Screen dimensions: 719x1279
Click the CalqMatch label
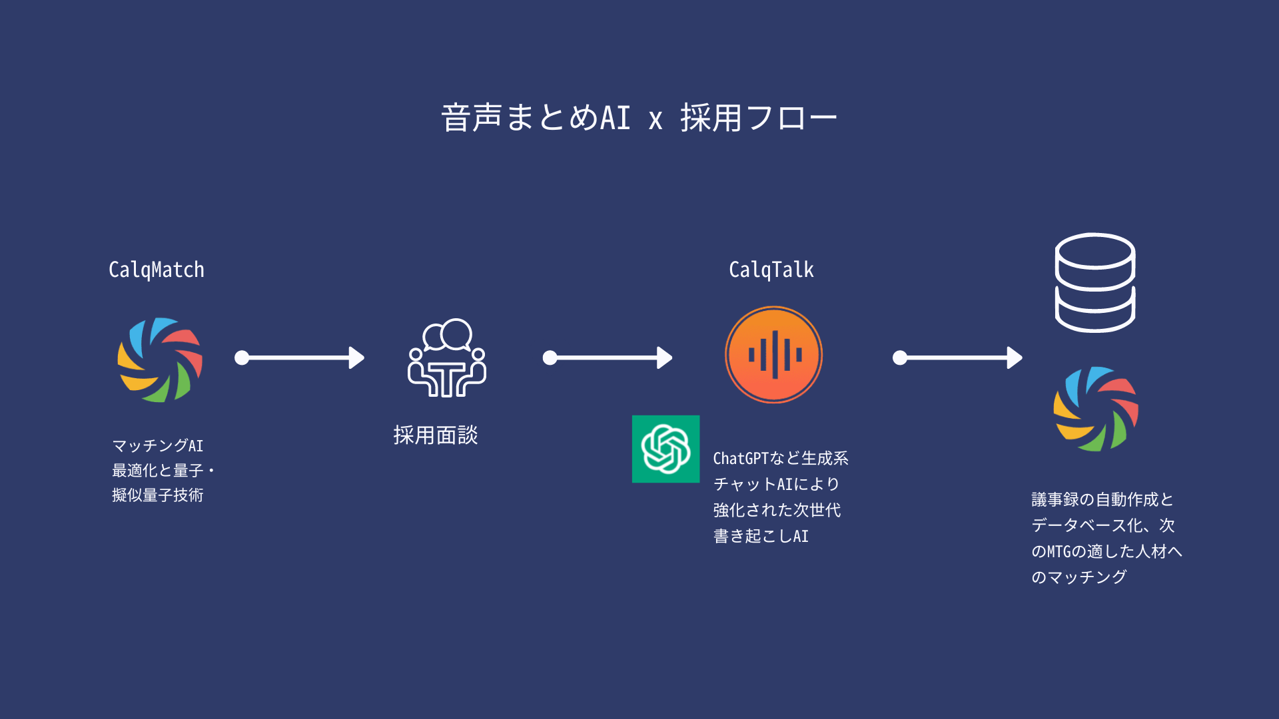click(157, 270)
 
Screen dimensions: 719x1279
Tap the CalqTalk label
click(771, 270)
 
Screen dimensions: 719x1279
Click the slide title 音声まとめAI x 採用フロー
click(639, 118)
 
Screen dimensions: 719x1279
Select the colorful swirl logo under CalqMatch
click(160, 359)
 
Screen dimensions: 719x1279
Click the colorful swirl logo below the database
click(1096, 409)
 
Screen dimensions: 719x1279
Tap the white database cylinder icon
click(1095, 282)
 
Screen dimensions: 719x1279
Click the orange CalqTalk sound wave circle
click(773, 354)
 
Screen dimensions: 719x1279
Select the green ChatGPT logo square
click(665, 449)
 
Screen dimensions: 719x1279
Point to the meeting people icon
click(447, 358)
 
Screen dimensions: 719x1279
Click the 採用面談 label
click(436, 435)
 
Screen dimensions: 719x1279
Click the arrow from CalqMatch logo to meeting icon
click(300, 358)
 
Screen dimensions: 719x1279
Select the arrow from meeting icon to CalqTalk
click(608, 358)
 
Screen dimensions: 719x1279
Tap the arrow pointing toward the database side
click(957, 358)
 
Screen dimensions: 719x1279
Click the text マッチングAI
click(158, 445)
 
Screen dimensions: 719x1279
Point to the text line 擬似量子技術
click(158, 495)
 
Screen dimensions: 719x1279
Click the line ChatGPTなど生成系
click(781, 459)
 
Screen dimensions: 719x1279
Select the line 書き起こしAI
click(761, 537)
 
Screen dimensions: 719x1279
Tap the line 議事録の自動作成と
click(1102, 499)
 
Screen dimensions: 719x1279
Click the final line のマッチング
click(1079, 577)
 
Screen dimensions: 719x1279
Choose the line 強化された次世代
click(777, 511)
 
